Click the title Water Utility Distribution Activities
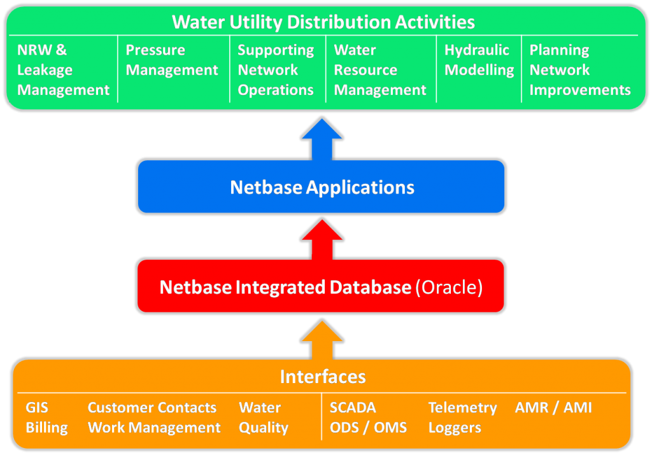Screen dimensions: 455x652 [323, 22]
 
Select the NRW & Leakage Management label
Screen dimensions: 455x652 [63, 70]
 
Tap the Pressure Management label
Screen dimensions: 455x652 [172, 60]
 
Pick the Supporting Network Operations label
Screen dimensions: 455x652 [276, 70]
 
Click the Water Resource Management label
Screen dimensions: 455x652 [379, 70]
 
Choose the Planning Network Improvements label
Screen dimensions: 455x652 [579, 70]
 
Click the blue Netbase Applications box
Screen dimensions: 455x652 [322, 187]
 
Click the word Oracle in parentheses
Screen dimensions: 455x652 [448, 288]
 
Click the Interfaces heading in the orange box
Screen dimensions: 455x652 [323, 377]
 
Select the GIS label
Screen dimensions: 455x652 [37, 407]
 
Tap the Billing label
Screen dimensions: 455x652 [46, 428]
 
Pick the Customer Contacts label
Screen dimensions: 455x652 [152, 407]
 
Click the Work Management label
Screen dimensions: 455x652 [154, 428]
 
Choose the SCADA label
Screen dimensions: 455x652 [353, 407]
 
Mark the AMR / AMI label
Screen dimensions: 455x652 [553, 407]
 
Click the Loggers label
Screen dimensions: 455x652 [455, 428]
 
